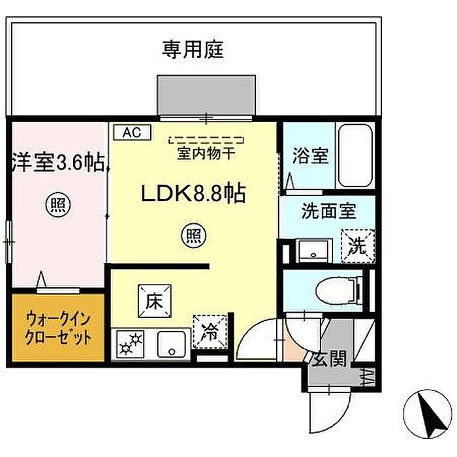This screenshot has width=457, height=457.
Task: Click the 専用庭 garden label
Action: click(193, 50)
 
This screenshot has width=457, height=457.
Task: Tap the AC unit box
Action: click(133, 133)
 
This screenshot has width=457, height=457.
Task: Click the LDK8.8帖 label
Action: click(193, 193)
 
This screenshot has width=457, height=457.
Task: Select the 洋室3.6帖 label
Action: click(58, 163)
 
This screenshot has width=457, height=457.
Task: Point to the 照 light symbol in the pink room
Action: click(58, 205)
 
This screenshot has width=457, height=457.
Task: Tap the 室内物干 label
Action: click(206, 153)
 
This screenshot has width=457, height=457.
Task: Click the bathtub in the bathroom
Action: click(355, 155)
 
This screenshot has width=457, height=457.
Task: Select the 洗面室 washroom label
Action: click(329, 211)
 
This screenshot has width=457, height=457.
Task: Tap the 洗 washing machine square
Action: click(358, 246)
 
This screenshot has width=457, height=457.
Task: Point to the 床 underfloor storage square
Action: click(155, 301)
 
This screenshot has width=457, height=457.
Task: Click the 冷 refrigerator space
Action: click(210, 332)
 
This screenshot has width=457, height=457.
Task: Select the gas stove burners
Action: click(131, 344)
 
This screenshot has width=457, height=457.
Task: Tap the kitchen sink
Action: click(172, 344)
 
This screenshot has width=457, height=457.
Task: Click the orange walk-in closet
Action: click(58, 328)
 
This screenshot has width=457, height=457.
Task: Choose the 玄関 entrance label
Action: click(329, 358)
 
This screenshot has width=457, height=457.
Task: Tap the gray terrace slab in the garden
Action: click(206, 95)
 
